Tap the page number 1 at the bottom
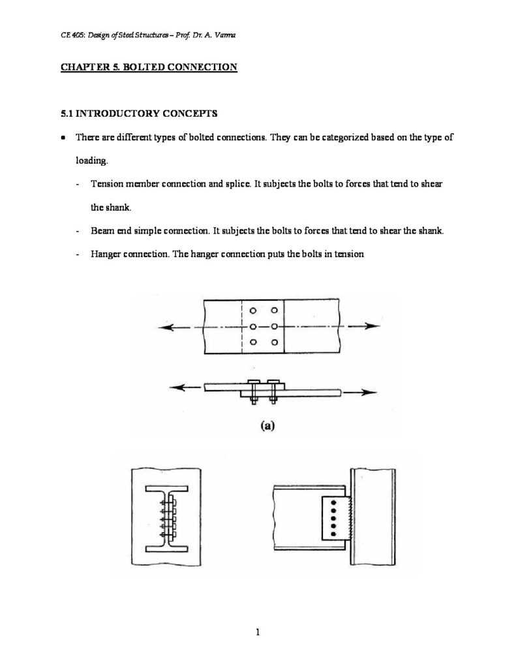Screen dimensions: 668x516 258,631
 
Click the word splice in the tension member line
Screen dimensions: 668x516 233,184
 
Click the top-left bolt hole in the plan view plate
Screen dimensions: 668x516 252,311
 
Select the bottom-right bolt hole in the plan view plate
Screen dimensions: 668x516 275,342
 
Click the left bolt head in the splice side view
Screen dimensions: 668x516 253,382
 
